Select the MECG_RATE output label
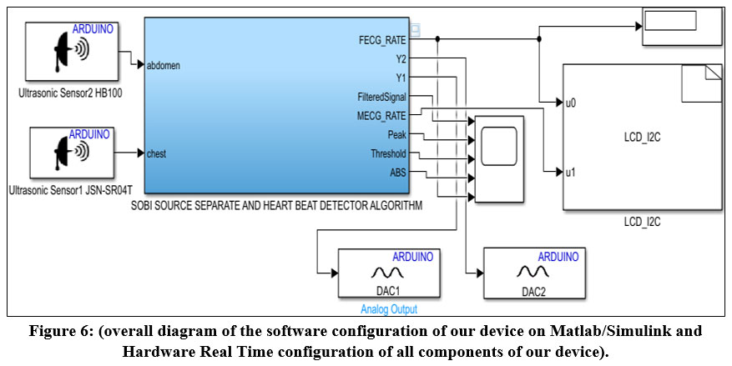(x=384, y=114)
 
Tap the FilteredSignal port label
(x=381, y=96)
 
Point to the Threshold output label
(x=388, y=153)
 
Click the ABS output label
(x=397, y=173)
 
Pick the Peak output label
(x=396, y=134)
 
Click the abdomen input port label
(x=163, y=65)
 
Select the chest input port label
(x=156, y=153)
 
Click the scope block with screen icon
(x=498, y=158)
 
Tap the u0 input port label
(x=571, y=103)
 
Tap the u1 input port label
(x=571, y=173)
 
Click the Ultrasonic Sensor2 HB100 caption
(x=70, y=93)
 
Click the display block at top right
(x=682, y=25)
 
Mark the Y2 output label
(x=401, y=58)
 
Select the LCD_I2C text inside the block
(x=642, y=136)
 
